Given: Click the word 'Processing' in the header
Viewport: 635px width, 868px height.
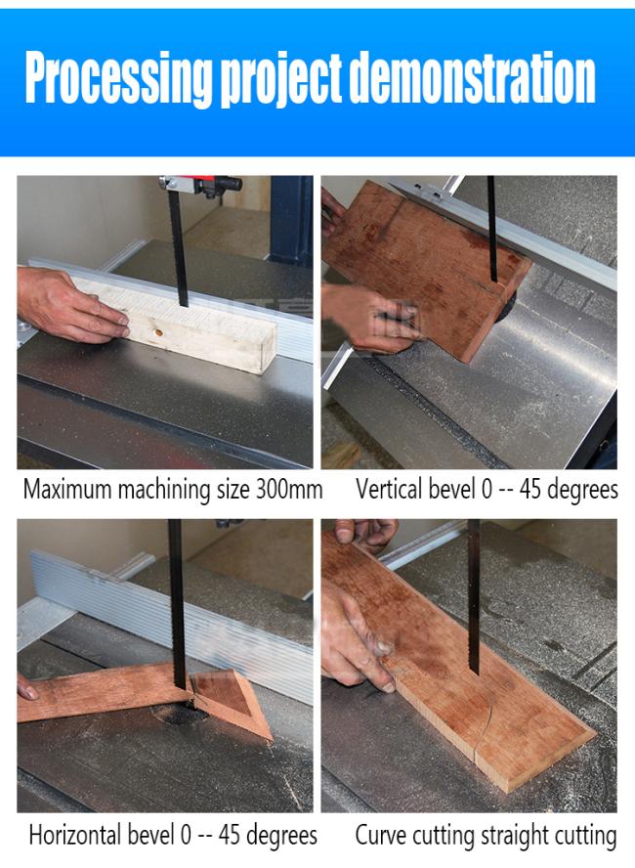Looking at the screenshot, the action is click(x=118, y=77).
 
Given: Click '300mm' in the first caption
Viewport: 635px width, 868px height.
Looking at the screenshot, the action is click(x=289, y=490).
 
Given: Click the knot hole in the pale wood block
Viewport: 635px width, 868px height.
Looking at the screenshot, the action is click(x=158, y=333).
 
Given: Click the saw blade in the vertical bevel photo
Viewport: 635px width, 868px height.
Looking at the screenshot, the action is click(x=492, y=229).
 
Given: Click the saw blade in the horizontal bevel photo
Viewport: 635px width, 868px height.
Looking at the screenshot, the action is click(x=177, y=604).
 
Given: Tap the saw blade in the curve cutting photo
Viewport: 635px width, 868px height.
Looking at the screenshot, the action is click(x=474, y=596).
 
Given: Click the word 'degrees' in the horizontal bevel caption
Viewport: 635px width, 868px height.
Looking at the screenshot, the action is click(x=281, y=836).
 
